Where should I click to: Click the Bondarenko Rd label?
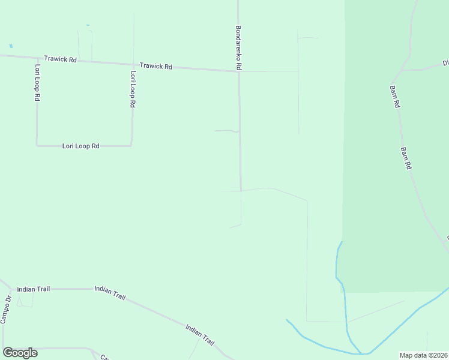(238, 47)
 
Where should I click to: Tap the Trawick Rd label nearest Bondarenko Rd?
(156, 66)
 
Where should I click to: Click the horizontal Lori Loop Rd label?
(80, 146)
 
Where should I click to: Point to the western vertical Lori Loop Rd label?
(37, 82)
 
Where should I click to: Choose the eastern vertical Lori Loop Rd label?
(132, 89)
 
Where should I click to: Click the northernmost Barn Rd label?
(397, 95)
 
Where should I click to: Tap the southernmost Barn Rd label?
(406, 158)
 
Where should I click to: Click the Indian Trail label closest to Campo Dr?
(34, 289)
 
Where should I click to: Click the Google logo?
(20, 353)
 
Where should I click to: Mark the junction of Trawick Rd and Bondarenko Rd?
(239, 71)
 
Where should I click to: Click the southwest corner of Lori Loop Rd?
(37, 145)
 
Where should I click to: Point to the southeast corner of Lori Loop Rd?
(131, 145)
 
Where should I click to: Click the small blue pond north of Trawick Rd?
(10, 46)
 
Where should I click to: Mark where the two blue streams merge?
(361, 353)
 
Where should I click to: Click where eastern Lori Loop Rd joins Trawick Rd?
(133, 64)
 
